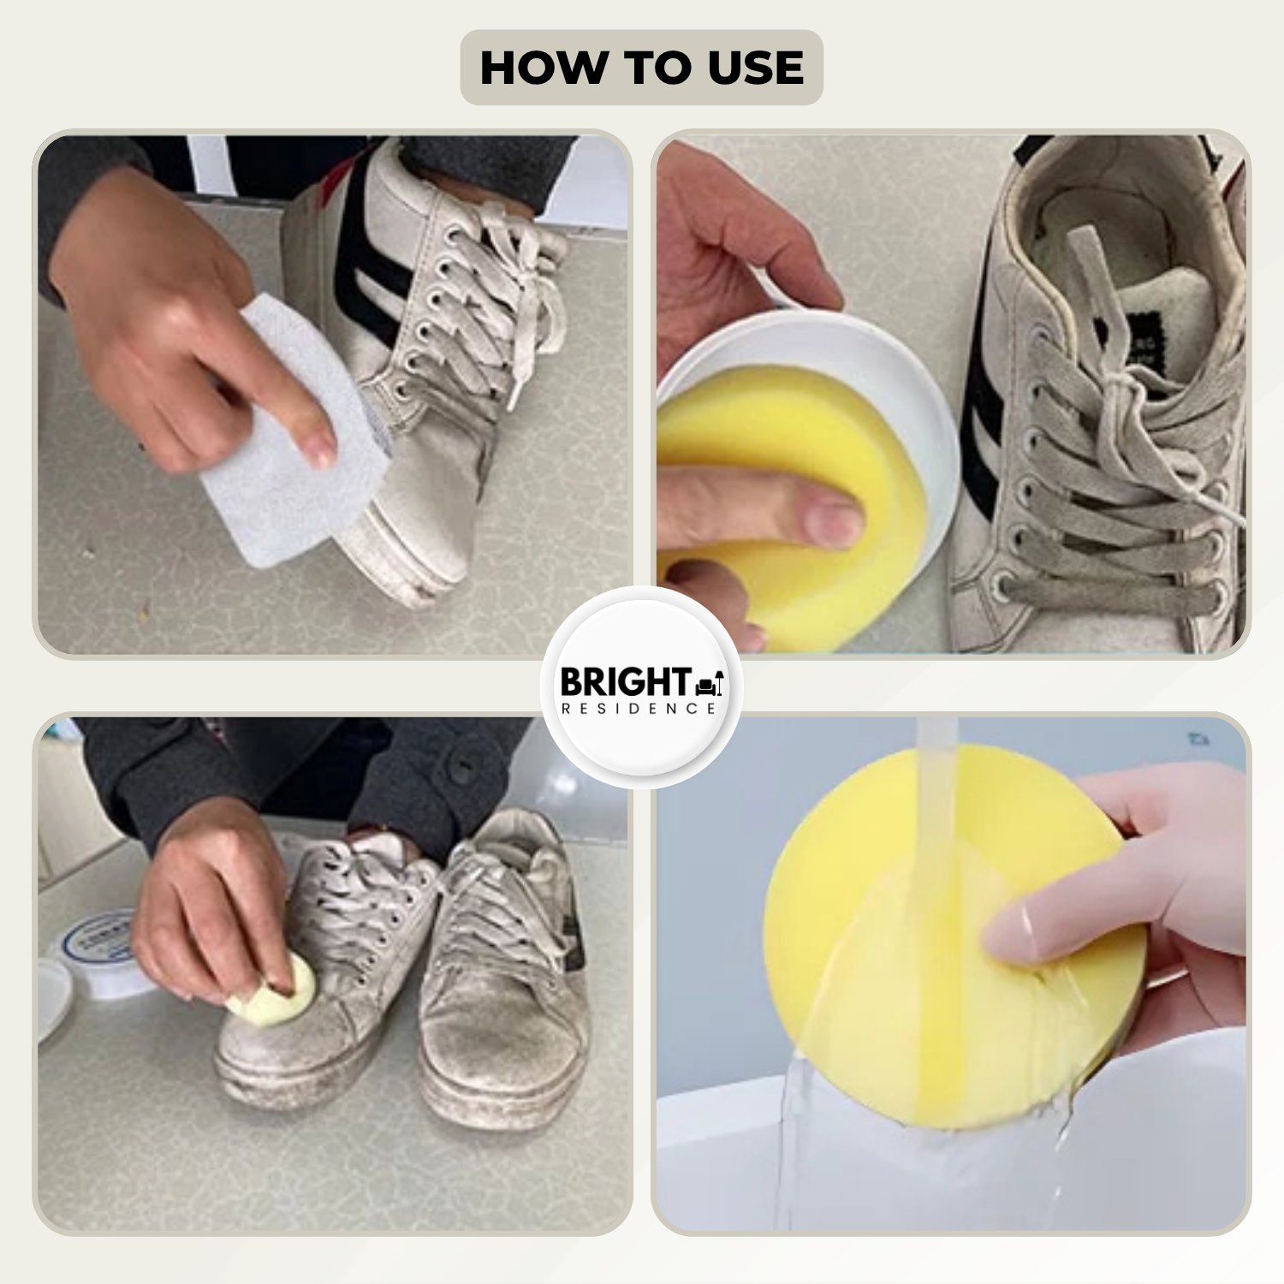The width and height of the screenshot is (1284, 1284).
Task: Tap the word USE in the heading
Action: pos(757,68)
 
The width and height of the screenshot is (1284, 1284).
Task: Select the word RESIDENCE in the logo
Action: pos(639,709)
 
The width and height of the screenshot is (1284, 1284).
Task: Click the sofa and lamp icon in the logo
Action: pos(710,682)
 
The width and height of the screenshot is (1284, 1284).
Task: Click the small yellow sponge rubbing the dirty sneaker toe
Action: pos(274,993)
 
